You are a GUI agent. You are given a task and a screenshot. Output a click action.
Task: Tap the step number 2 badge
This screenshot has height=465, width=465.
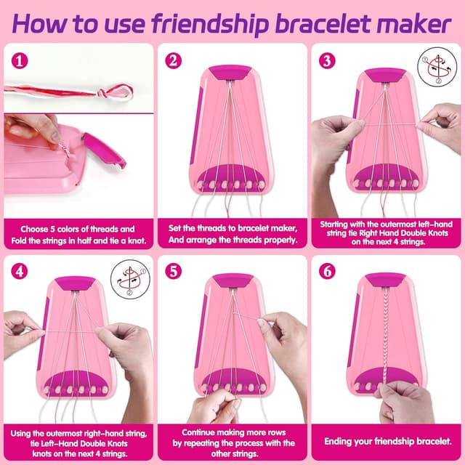173,61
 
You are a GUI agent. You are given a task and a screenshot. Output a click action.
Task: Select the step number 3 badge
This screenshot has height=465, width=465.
326,61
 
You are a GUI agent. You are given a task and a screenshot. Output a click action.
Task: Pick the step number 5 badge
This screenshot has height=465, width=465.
173,271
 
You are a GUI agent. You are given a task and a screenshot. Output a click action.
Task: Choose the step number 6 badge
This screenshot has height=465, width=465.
326,271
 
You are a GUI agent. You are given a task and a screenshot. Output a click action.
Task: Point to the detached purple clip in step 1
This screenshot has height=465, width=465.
103,148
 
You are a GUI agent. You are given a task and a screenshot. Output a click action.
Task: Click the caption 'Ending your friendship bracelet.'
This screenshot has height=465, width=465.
387,441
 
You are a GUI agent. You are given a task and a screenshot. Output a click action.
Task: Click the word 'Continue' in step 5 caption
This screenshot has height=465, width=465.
193,432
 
